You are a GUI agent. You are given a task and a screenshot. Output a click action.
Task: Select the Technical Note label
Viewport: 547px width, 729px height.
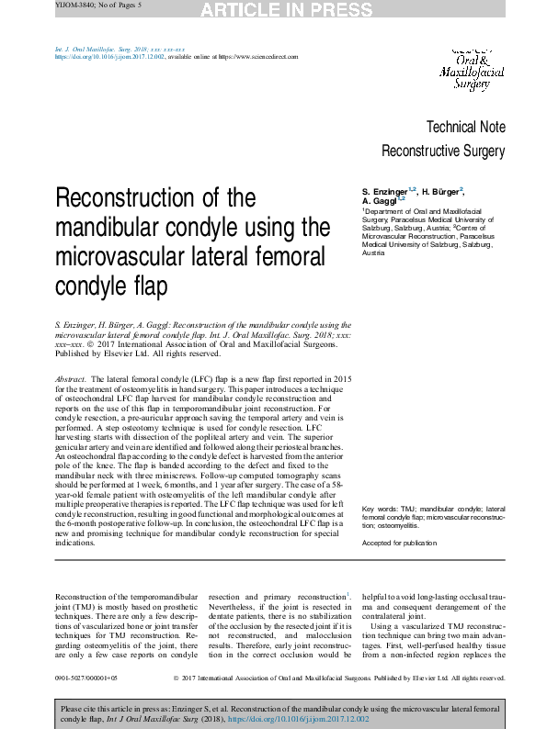tap(465, 128)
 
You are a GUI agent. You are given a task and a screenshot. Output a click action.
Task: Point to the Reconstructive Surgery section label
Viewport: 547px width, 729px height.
tap(443, 151)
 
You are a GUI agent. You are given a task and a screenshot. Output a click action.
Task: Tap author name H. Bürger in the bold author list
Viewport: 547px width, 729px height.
tap(441, 191)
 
